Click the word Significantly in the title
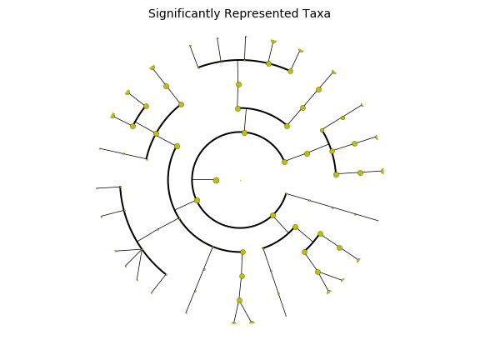184,14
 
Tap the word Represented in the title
261,14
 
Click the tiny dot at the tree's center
240,180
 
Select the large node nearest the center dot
216,180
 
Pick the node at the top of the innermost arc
244,132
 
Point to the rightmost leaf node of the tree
382,171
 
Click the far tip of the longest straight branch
378,220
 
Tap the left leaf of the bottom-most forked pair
234,323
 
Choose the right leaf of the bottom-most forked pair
252,322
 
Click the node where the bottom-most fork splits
239,300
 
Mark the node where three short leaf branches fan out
142,250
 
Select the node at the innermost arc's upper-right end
284,162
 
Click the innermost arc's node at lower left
197,201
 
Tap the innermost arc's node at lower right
272,216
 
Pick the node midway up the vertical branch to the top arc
239,84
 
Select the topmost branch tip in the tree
246,37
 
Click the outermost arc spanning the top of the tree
244,60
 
